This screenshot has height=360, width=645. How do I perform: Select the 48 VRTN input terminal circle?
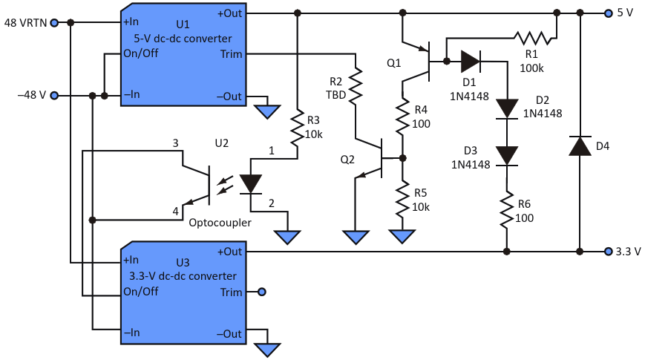point(55,22)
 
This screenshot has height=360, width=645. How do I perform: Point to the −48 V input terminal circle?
point(55,96)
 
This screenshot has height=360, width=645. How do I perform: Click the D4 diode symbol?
point(580,145)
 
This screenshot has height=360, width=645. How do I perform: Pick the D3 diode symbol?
point(506,154)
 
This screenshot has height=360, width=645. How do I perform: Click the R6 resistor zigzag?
point(506,211)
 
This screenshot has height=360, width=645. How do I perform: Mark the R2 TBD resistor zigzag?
point(357,85)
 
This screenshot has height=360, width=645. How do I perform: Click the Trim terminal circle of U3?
point(261,292)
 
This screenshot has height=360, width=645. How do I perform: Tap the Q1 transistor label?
point(394,64)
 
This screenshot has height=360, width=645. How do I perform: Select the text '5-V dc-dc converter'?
point(183,39)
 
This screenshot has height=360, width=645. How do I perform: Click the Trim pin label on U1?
point(231,54)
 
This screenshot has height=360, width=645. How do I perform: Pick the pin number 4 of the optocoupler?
point(176,212)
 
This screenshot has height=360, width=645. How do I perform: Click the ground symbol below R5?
point(402,236)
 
